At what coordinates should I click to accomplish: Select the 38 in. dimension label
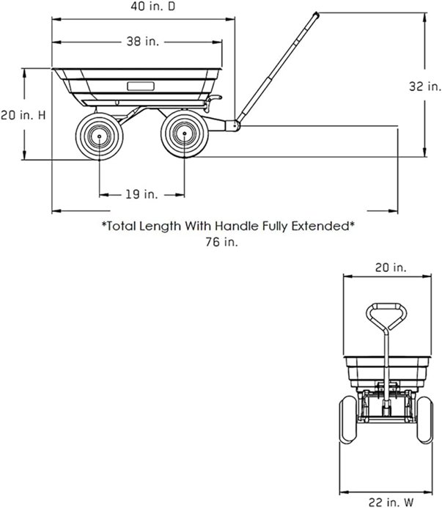click(x=138, y=42)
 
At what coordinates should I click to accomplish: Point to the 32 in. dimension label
click(x=424, y=86)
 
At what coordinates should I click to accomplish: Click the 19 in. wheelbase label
click(x=141, y=194)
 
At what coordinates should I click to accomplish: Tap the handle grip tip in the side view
click(x=314, y=15)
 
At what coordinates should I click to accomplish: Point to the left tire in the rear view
click(x=347, y=424)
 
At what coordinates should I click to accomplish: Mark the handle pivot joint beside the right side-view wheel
click(x=233, y=126)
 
